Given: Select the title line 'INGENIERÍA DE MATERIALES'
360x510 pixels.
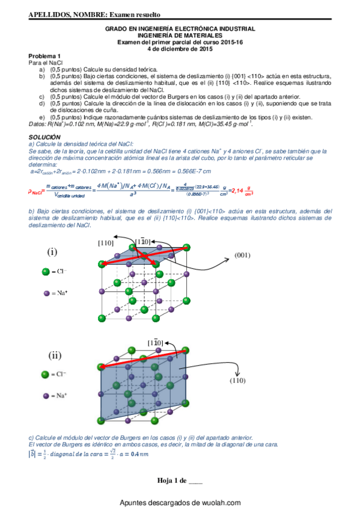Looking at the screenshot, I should [x=180, y=35].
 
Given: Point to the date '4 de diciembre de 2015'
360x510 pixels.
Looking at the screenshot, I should [x=180, y=49].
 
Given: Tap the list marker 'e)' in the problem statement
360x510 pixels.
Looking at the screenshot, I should [x=41, y=117].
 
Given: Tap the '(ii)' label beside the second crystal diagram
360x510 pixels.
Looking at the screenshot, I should [x=55, y=355].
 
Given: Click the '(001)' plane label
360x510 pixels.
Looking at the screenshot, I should [x=243, y=254].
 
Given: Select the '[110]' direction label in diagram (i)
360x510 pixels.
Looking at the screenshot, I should [x=107, y=242].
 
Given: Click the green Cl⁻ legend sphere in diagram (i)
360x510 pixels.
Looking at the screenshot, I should [x=45, y=272].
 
